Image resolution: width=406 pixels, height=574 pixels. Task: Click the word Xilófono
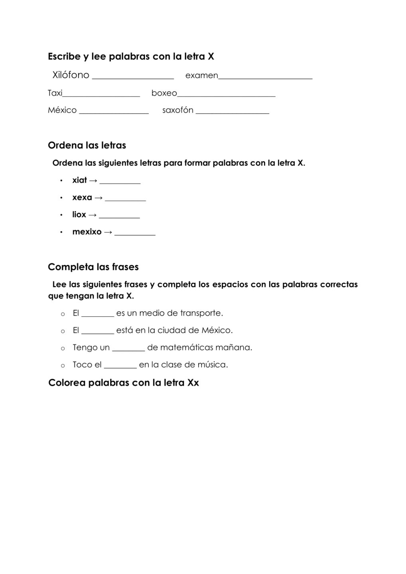click(x=71, y=75)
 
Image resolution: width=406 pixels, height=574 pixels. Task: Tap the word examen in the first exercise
click(x=201, y=75)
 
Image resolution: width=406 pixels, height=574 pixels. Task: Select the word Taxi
click(x=55, y=93)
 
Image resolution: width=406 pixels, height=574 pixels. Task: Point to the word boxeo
click(x=164, y=93)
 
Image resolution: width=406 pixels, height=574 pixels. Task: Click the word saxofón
click(x=177, y=110)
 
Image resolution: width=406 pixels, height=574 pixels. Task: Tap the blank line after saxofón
click(x=232, y=113)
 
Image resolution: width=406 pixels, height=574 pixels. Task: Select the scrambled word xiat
click(x=79, y=180)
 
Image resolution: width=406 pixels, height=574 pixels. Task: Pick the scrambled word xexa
click(x=82, y=197)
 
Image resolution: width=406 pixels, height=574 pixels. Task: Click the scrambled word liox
click(x=79, y=214)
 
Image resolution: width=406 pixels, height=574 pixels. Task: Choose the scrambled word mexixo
click(x=87, y=232)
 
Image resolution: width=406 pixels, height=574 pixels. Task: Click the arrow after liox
click(x=92, y=215)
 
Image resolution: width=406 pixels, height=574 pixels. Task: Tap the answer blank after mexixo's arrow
click(x=135, y=234)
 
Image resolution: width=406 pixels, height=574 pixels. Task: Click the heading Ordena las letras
click(x=87, y=145)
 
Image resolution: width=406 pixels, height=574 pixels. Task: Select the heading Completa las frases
click(x=93, y=267)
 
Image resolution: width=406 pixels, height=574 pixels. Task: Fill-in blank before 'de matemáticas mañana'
click(x=128, y=350)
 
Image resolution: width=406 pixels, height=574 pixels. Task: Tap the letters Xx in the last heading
click(x=193, y=383)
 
